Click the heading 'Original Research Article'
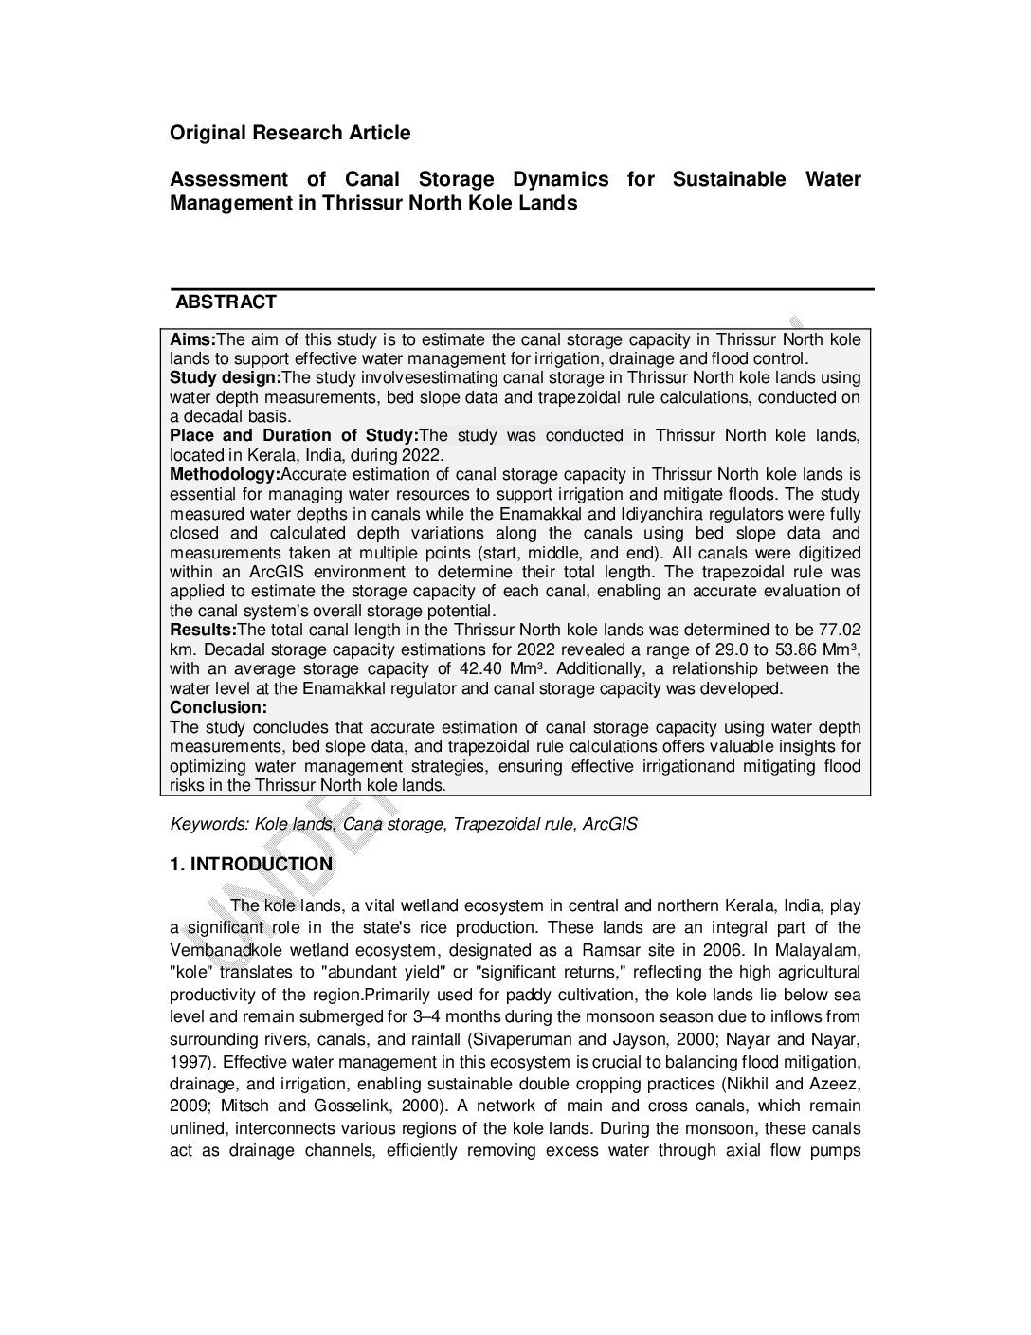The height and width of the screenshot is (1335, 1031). point(290,133)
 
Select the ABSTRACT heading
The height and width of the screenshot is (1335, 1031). point(226,302)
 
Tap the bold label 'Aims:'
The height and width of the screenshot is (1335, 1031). point(193,339)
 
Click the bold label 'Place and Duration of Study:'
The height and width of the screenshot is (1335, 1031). point(294,436)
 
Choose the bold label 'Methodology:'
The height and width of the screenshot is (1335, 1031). point(225,475)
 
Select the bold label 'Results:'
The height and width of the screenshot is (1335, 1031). point(203,631)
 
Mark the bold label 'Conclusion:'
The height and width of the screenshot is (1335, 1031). point(218,707)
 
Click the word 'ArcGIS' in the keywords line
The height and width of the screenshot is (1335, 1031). point(609,824)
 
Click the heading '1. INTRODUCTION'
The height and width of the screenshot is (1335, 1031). point(251,865)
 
